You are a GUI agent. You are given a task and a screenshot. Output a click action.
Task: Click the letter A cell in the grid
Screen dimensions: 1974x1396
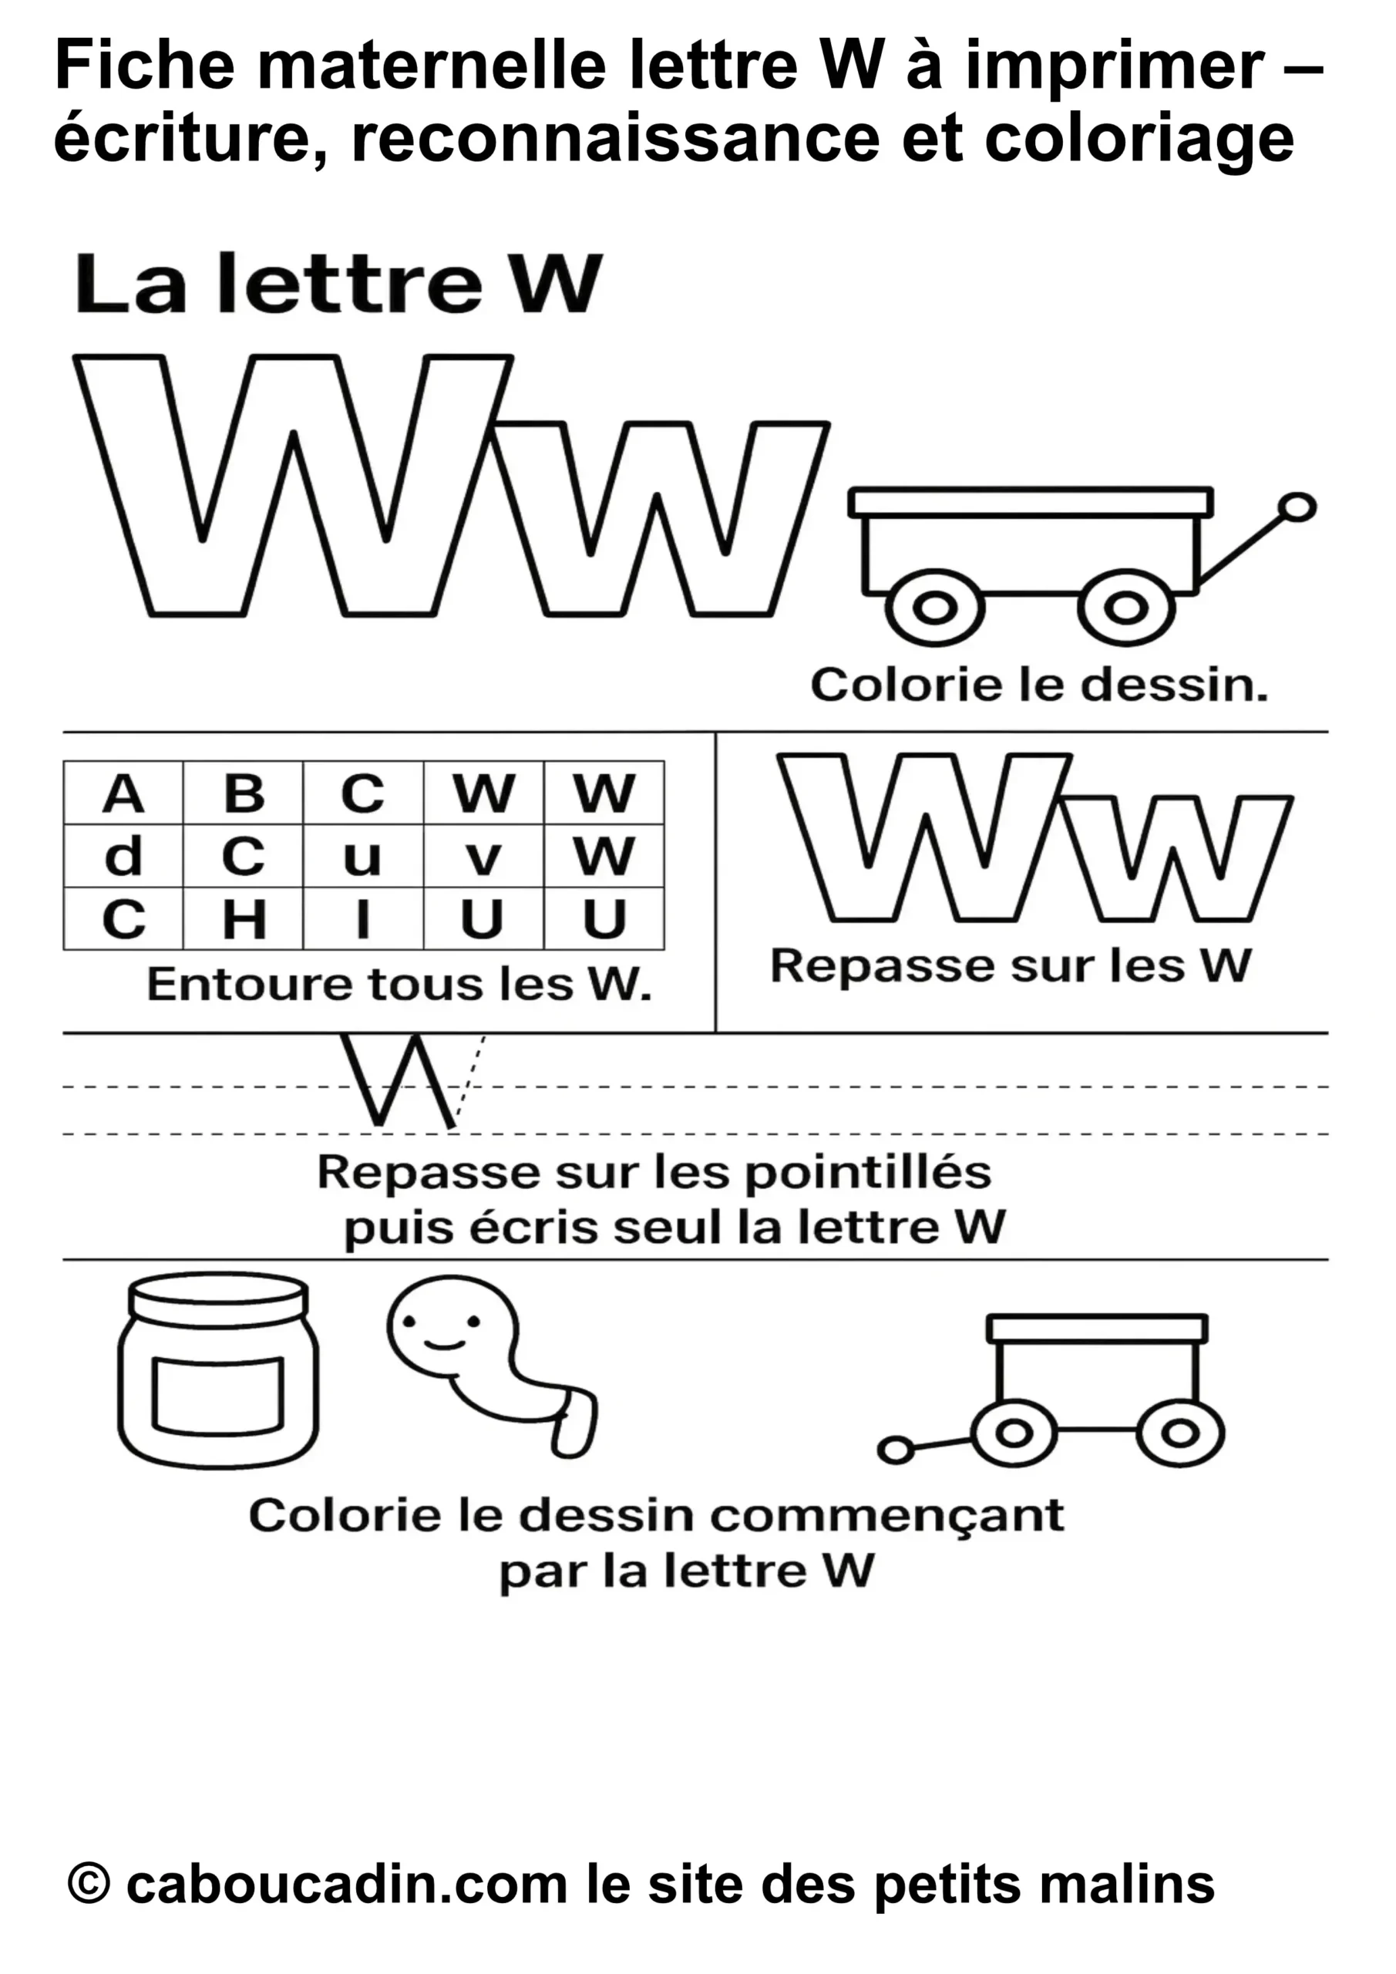point(123,793)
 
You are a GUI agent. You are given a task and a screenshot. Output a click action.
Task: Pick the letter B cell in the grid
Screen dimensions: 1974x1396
point(244,793)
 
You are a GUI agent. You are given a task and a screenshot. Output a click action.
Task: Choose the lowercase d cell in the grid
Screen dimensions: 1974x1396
point(123,857)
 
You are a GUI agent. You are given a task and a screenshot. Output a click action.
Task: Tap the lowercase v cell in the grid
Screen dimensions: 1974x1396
point(483,857)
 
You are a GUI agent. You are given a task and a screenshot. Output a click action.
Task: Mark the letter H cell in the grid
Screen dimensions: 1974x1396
point(244,920)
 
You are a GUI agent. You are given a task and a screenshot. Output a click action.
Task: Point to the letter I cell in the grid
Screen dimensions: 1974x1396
point(363,920)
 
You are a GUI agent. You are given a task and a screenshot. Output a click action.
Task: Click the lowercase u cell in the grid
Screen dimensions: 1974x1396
point(363,857)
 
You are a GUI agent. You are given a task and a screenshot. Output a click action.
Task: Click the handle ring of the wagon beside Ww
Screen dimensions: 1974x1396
point(1297,507)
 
